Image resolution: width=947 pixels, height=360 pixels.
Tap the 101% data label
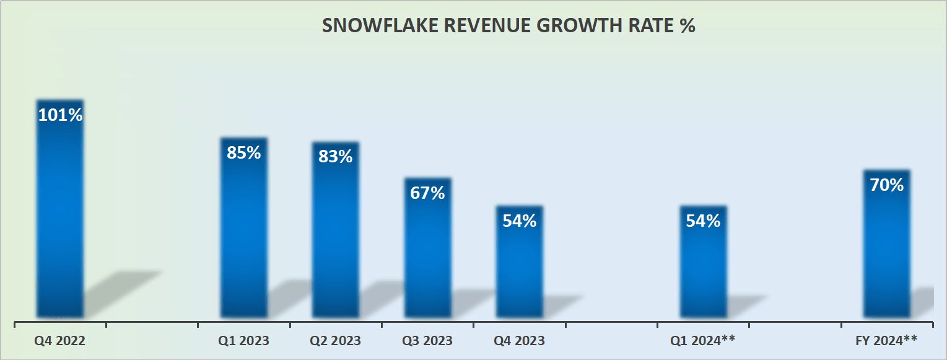pyautogui.click(x=60, y=115)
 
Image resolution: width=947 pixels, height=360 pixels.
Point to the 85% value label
pyautogui.click(x=244, y=152)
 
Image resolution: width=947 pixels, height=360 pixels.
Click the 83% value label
pyautogui.click(x=336, y=157)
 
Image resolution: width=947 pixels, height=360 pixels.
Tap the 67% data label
pyautogui.click(x=427, y=193)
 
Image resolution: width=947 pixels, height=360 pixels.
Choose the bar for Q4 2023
pyautogui.click(x=519, y=273)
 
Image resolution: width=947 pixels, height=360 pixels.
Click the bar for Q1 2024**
pyautogui.click(x=703, y=273)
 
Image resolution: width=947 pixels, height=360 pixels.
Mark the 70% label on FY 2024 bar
pyautogui.click(x=886, y=185)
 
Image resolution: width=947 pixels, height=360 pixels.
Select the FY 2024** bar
pyautogui.click(x=886, y=254)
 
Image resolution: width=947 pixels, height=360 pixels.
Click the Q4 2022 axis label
pyautogui.click(x=60, y=341)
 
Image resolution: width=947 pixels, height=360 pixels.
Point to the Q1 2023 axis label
pyautogui.click(x=243, y=341)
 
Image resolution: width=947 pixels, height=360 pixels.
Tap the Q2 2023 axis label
pyautogui.click(x=335, y=341)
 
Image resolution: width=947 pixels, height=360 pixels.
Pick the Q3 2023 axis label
pyautogui.click(x=427, y=341)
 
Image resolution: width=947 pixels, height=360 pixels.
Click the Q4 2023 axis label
pyautogui.click(x=519, y=341)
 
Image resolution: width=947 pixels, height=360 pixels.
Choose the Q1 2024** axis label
pyautogui.click(x=702, y=341)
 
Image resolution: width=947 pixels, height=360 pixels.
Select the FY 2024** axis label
pyautogui.click(x=886, y=341)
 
